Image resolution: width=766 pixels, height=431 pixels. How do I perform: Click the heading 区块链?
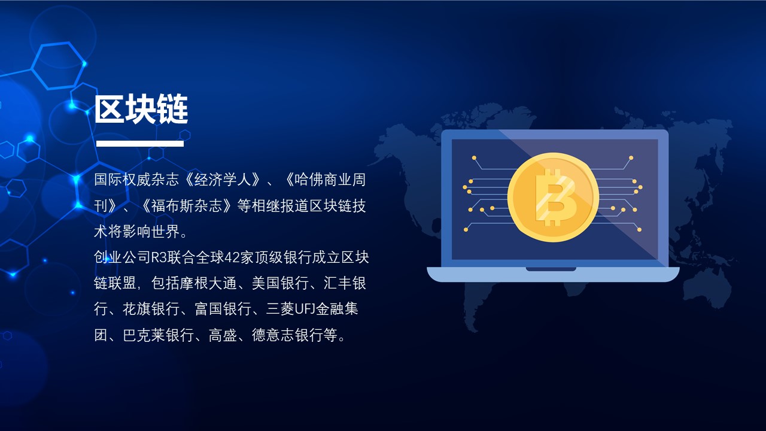[x=141, y=109]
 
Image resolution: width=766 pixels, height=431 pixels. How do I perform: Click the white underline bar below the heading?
[x=140, y=144]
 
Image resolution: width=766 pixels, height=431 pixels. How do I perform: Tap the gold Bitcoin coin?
[x=553, y=197]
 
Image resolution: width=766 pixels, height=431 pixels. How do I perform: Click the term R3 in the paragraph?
[x=160, y=257]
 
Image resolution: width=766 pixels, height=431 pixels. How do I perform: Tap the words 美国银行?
[x=280, y=283]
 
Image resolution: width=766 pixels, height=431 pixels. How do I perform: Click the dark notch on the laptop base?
[x=551, y=269]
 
